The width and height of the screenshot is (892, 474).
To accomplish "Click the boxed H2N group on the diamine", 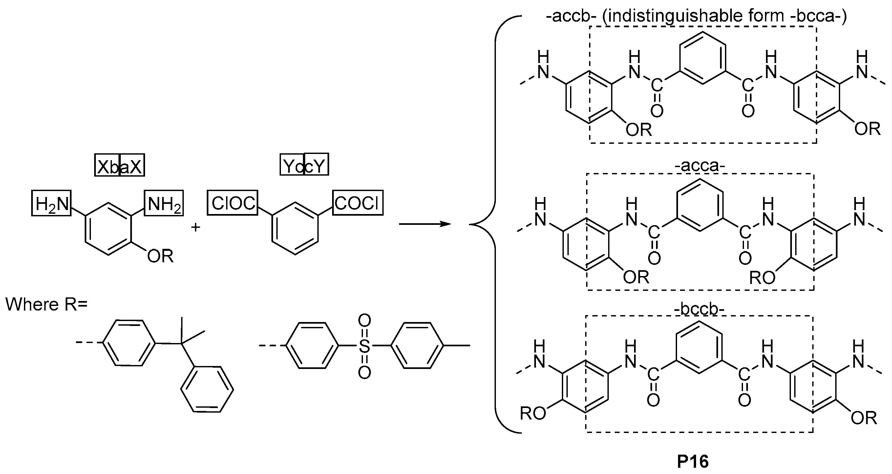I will (51, 203).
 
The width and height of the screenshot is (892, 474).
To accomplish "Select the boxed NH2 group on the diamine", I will (164, 203).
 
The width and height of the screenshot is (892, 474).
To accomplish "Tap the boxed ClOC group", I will (233, 203).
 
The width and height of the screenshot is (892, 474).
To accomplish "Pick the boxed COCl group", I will (358, 203).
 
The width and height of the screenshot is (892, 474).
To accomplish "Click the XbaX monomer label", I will (119, 165).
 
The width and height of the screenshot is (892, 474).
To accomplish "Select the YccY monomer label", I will (304, 165).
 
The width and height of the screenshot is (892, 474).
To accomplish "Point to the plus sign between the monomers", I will (196, 227).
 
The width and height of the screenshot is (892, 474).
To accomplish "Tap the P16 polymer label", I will (693, 462).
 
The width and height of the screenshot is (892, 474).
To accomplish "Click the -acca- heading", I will (699, 166).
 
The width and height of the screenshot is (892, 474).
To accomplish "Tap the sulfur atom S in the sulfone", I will (364, 346).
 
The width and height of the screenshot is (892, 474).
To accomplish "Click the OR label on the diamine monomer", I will (160, 257).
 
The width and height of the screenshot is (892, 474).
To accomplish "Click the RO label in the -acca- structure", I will (762, 278).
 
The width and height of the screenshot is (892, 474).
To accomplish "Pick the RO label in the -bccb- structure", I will (533, 414).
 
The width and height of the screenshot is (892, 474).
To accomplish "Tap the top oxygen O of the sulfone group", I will (364, 320).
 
